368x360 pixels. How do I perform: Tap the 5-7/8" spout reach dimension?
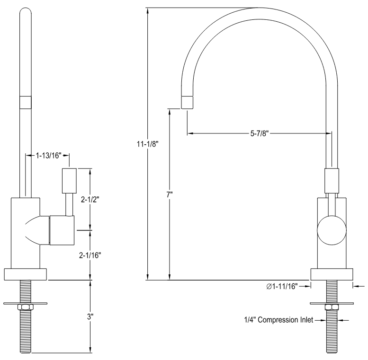260,134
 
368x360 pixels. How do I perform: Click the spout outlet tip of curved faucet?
188,102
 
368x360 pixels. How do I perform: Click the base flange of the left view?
25,274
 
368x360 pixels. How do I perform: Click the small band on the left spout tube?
25,102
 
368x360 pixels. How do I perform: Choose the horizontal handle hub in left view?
62,230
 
